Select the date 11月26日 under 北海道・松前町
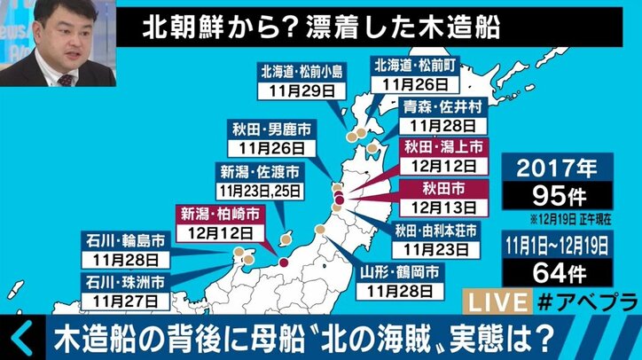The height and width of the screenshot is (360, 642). [415, 84]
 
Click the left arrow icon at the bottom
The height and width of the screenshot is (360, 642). [22, 340]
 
